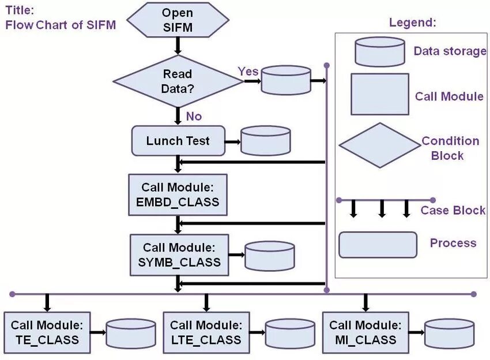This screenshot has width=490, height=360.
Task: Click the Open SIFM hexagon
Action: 177,20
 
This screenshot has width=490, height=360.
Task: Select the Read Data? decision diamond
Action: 178,81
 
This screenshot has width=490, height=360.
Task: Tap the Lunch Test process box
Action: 178,141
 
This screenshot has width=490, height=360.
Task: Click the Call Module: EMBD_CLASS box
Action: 178,195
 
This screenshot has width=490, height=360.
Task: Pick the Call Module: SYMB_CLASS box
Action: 179,254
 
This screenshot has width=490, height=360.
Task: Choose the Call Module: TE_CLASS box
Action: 47,333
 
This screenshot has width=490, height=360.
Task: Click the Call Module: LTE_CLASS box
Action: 206,333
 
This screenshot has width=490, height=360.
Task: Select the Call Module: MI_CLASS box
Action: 365,333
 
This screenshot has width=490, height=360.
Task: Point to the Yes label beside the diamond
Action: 248,71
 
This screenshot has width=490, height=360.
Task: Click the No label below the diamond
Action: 194,117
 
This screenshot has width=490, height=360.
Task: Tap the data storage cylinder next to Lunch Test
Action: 265,141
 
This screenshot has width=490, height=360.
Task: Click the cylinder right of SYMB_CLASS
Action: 269,256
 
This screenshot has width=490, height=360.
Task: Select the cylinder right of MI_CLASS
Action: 449,333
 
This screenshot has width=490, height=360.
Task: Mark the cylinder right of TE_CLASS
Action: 131,333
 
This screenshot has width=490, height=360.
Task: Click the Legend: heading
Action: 412,23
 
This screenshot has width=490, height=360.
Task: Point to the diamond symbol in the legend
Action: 379,145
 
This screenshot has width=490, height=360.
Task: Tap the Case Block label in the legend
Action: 453,211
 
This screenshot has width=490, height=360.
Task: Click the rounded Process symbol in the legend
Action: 377,245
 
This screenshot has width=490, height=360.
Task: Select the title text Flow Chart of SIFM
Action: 61,25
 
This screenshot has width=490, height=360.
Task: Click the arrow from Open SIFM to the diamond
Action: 178,45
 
